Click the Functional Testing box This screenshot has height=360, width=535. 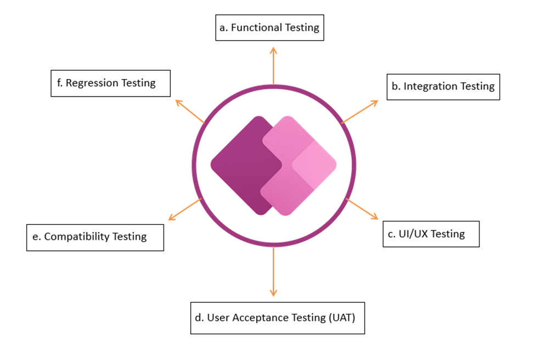(x=269, y=27)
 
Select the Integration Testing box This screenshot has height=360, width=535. (x=443, y=87)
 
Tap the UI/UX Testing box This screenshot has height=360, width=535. (x=431, y=234)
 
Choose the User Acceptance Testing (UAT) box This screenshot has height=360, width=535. (x=277, y=318)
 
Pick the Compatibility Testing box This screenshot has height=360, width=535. (x=95, y=237)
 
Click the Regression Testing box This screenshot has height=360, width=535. (x=110, y=83)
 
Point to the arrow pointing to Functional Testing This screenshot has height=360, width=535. (x=273, y=66)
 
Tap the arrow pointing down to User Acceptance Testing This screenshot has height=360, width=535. (x=273, y=272)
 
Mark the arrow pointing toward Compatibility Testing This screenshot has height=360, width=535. (x=185, y=210)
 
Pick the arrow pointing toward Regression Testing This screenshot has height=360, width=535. (x=189, y=111)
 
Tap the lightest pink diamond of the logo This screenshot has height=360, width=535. (x=315, y=164)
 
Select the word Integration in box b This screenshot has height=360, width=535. (x=429, y=87)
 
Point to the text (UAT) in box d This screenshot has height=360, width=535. (x=346, y=318)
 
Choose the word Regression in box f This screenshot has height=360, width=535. (x=92, y=83)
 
